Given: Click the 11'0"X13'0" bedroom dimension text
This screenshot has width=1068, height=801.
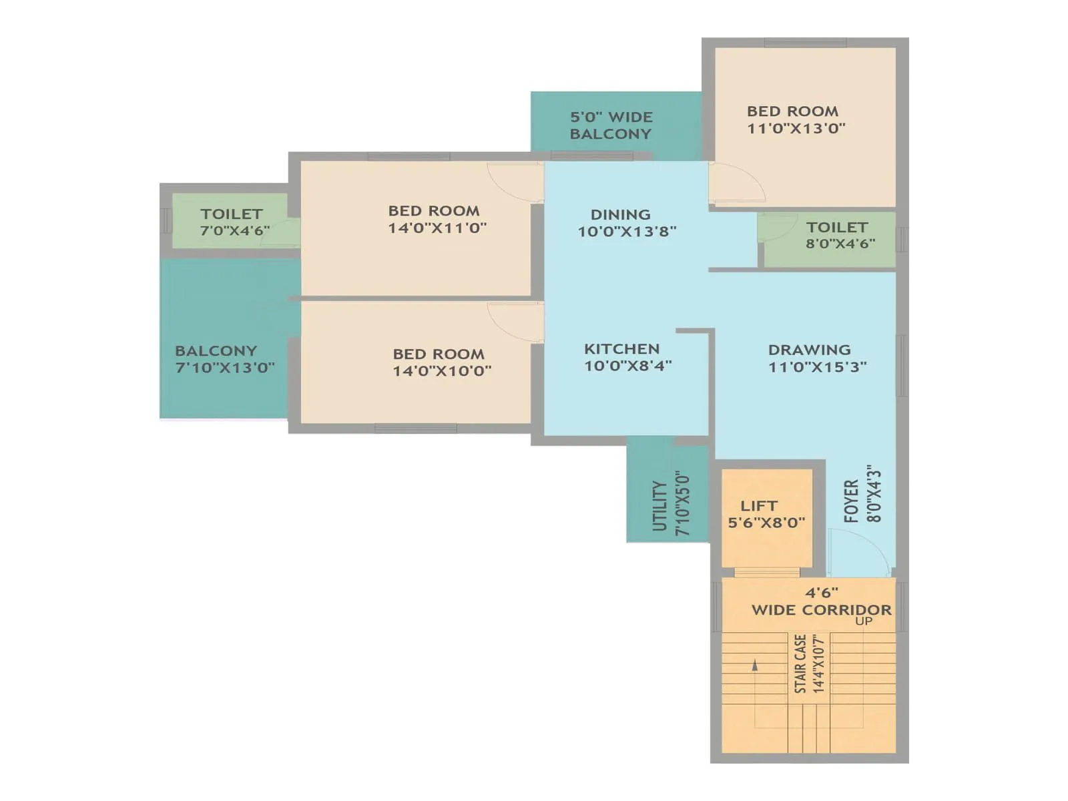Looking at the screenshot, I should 796,129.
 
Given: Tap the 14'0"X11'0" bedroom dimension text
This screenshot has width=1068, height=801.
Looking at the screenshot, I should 437,228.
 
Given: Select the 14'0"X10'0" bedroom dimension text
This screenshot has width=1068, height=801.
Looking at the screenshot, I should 442,371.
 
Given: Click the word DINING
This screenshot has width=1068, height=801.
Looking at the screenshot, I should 620,215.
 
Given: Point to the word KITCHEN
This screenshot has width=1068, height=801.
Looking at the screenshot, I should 621,349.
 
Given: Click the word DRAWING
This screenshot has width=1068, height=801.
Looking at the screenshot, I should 809,350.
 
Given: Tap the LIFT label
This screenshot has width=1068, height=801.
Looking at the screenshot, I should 758,506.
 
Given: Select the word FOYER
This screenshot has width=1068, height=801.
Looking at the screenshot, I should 851,501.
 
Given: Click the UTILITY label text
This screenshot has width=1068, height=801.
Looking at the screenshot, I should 659,506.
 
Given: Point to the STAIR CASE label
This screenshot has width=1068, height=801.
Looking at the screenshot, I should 800,663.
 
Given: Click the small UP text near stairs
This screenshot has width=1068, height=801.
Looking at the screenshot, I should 864,621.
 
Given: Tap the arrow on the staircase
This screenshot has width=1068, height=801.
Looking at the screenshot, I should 755,665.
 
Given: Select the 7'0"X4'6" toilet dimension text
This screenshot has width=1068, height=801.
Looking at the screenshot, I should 234,231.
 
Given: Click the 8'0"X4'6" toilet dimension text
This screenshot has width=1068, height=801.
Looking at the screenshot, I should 840,244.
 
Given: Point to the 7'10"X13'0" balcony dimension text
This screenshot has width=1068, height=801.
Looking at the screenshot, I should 224,368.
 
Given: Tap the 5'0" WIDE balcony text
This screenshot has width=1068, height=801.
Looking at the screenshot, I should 611,117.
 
